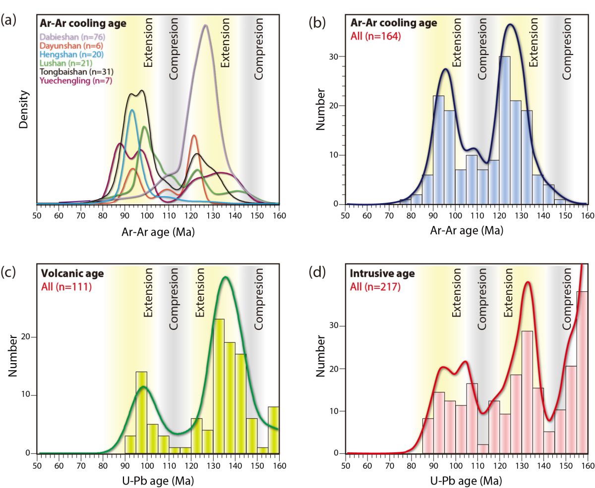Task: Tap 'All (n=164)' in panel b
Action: (375, 36)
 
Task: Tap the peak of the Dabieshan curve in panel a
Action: (206, 26)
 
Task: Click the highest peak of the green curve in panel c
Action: (226, 277)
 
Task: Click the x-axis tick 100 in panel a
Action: (147, 216)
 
